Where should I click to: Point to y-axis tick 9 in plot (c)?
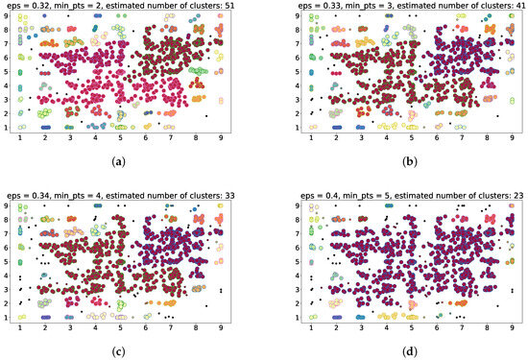pyautogui.click(x=7, y=204)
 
